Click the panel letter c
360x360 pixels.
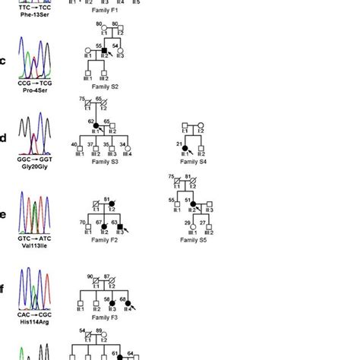point(6,61)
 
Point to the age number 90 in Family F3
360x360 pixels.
point(90,276)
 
